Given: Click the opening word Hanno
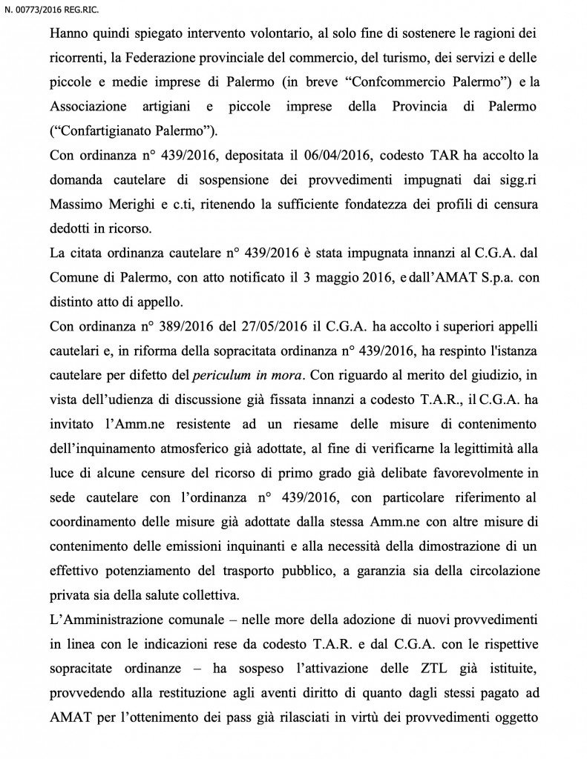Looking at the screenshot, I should coord(68,34).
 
